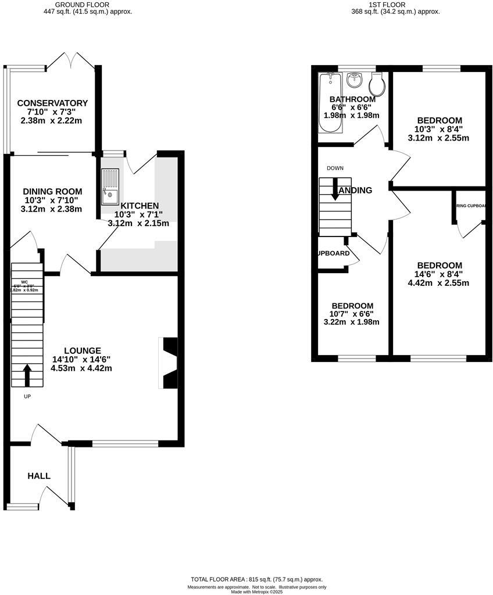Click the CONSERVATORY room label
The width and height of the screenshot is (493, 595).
click(x=52, y=103)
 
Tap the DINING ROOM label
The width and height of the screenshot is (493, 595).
click(x=52, y=191)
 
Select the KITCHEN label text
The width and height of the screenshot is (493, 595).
click(x=139, y=206)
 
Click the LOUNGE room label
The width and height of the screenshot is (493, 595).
click(x=82, y=350)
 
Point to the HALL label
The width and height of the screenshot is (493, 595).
click(x=39, y=476)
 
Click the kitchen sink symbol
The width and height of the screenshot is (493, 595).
click(x=110, y=187)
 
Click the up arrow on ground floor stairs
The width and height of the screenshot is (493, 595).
click(x=27, y=375)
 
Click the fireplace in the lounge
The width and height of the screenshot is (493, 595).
click(x=168, y=363)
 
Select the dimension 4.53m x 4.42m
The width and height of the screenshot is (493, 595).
click(x=81, y=368)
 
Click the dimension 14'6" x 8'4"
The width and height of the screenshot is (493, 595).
click(x=439, y=274)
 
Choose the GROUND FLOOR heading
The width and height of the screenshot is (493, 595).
click(x=89, y=4)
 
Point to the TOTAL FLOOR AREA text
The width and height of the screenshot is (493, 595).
click(x=256, y=579)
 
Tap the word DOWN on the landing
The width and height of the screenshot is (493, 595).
click(x=335, y=168)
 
